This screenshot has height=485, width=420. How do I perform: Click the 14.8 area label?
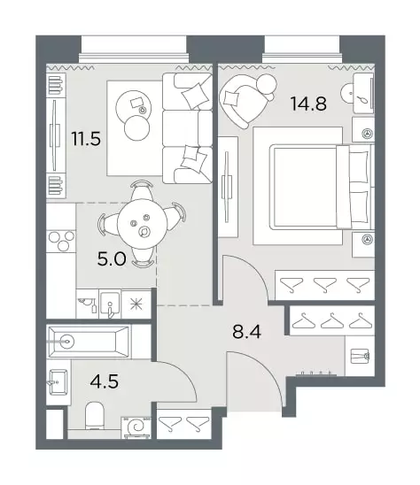[x=309, y=104]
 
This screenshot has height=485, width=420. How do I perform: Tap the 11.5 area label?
[x=86, y=138]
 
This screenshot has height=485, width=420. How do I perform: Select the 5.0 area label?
[x=112, y=259]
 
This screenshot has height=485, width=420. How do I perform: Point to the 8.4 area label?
[x=246, y=332]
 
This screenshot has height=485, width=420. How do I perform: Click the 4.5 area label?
[x=105, y=381]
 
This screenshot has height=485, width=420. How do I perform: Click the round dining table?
[x=142, y=223]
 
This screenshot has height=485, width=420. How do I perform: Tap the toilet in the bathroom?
[x=95, y=415]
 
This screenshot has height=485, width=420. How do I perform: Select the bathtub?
[x=89, y=342]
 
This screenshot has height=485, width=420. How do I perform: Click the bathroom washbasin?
[x=58, y=382]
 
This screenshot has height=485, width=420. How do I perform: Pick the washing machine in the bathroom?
[x=136, y=427]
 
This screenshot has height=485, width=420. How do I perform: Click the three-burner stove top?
[x=61, y=242]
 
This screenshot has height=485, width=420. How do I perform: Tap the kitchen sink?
[x=110, y=304]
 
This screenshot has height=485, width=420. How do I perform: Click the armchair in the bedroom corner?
[x=246, y=100]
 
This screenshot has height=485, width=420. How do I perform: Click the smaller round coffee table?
[x=136, y=127]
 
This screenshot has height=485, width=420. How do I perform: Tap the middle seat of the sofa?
[x=187, y=128]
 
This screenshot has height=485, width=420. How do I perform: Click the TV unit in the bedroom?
[x=228, y=187]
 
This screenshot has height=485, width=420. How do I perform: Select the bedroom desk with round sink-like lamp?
[x=363, y=93]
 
